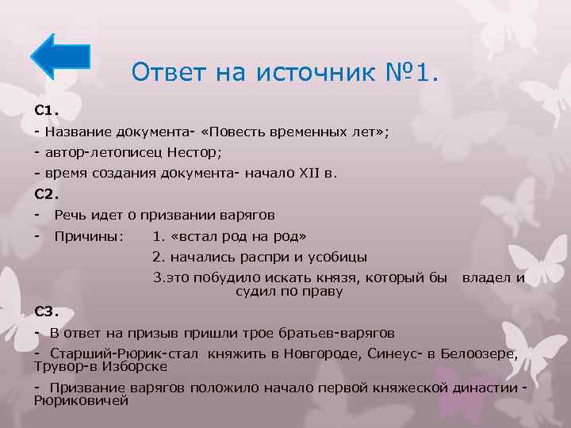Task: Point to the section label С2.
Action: pos(47,193)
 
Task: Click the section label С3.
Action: pos(47,311)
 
